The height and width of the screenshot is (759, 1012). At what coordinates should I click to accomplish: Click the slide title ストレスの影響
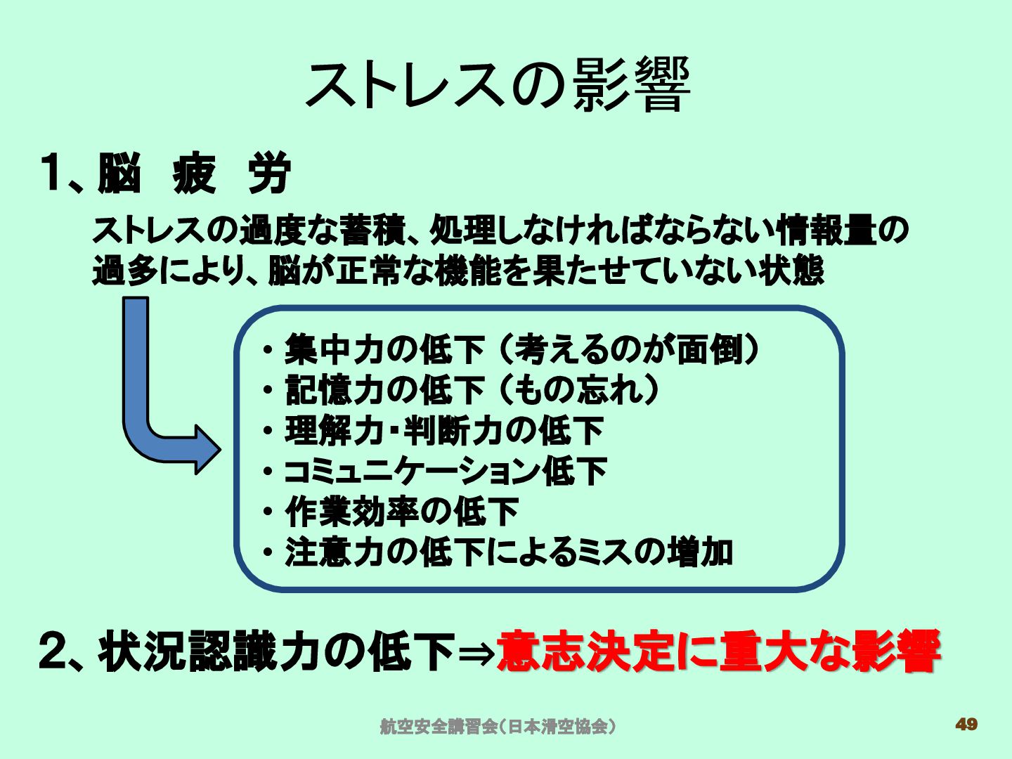[x=498, y=85]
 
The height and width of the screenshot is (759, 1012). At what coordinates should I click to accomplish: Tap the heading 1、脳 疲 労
[x=166, y=174]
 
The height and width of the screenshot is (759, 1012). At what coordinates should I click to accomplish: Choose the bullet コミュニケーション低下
[x=445, y=472]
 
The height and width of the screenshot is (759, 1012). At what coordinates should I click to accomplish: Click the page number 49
[x=966, y=725]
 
